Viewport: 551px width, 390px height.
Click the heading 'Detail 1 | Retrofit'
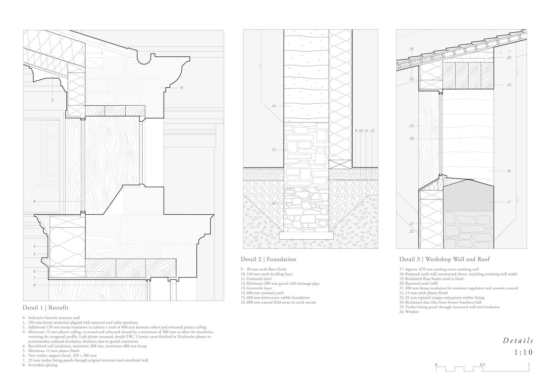45,307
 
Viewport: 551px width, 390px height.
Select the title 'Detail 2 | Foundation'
268,259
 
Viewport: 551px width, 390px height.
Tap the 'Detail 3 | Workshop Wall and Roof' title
444,259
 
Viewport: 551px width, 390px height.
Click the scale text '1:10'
524,352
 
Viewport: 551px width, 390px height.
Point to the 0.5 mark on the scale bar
482,365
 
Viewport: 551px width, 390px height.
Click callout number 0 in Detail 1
182,88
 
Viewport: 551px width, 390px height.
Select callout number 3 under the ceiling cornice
52,100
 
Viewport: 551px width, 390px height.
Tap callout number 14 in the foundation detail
273,106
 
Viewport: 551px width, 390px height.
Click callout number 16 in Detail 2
273,203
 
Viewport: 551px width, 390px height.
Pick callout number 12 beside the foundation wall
372,131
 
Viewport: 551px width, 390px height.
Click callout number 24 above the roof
411,49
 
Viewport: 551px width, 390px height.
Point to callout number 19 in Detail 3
509,85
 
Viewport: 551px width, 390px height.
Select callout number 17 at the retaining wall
509,202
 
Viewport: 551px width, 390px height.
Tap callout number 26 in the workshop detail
411,138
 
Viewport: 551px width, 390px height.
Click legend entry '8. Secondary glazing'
40,365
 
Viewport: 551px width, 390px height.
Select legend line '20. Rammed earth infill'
418,283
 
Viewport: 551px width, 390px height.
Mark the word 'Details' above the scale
518,340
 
